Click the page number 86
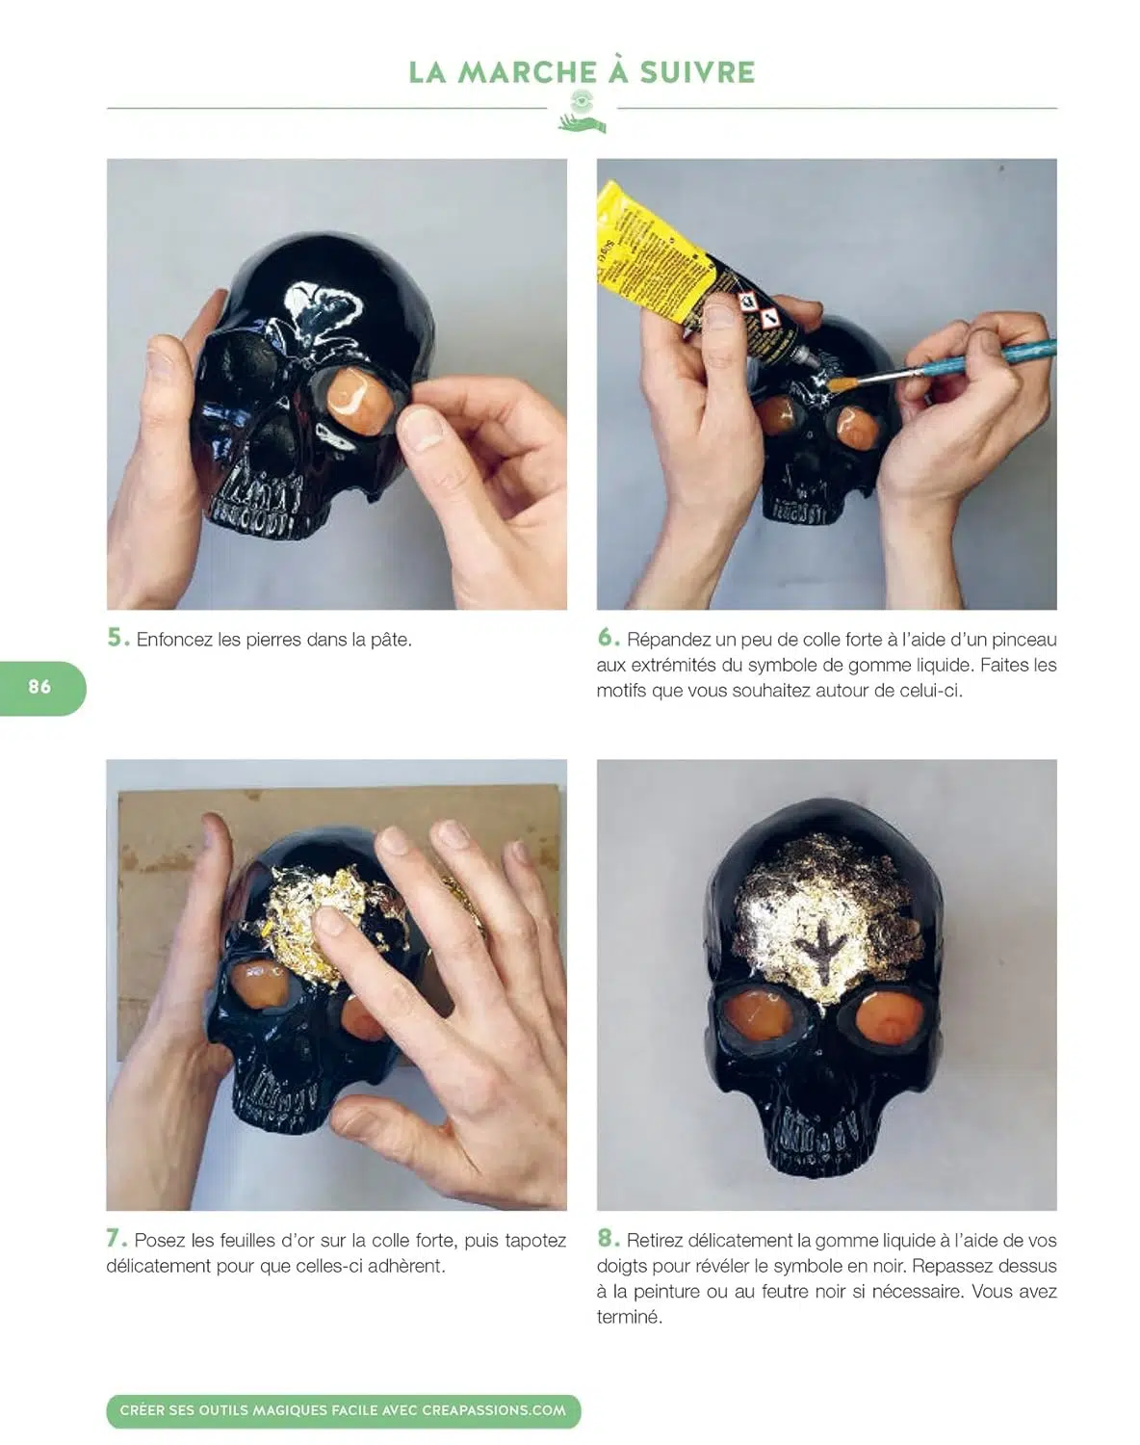(x=39, y=686)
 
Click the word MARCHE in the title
(x=528, y=72)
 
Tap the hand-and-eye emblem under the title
(x=582, y=112)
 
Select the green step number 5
(x=118, y=637)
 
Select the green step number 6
(x=609, y=637)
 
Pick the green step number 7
(x=117, y=1238)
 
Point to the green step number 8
(x=609, y=1238)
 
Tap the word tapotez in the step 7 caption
(x=534, y=1241)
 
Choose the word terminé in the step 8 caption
(x=629, y=1317)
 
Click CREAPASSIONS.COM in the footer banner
(x=494, y=1410)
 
